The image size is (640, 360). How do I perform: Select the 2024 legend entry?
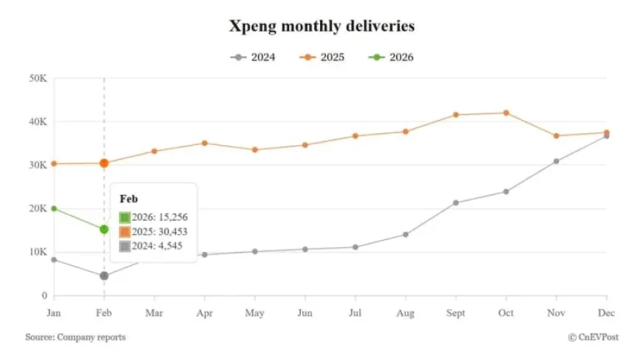pos(253,57)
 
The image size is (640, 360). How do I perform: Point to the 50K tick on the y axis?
pos(38,78)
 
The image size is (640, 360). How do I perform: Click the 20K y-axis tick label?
pos(38,208)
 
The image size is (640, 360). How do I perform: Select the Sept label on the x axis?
pos(455,313)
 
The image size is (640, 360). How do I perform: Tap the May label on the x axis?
pos(255,313)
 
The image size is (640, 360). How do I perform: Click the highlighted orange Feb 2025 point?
pos(104,163)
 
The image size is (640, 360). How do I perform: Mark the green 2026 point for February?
pos(104,229)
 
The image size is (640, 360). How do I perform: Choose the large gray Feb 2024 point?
pos(104,276)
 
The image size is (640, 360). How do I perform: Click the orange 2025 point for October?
pos(506,113)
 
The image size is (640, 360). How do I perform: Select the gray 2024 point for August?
pos(405,235)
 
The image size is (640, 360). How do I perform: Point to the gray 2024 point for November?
pos(556,161)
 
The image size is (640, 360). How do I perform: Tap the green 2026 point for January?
pos(54,208)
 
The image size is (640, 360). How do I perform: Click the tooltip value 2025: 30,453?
pos(156,231)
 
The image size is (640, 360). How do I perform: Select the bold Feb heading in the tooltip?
pos(129,199)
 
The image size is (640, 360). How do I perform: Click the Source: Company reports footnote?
pos(75,337)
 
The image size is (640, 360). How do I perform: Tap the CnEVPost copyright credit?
pos(592,337)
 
